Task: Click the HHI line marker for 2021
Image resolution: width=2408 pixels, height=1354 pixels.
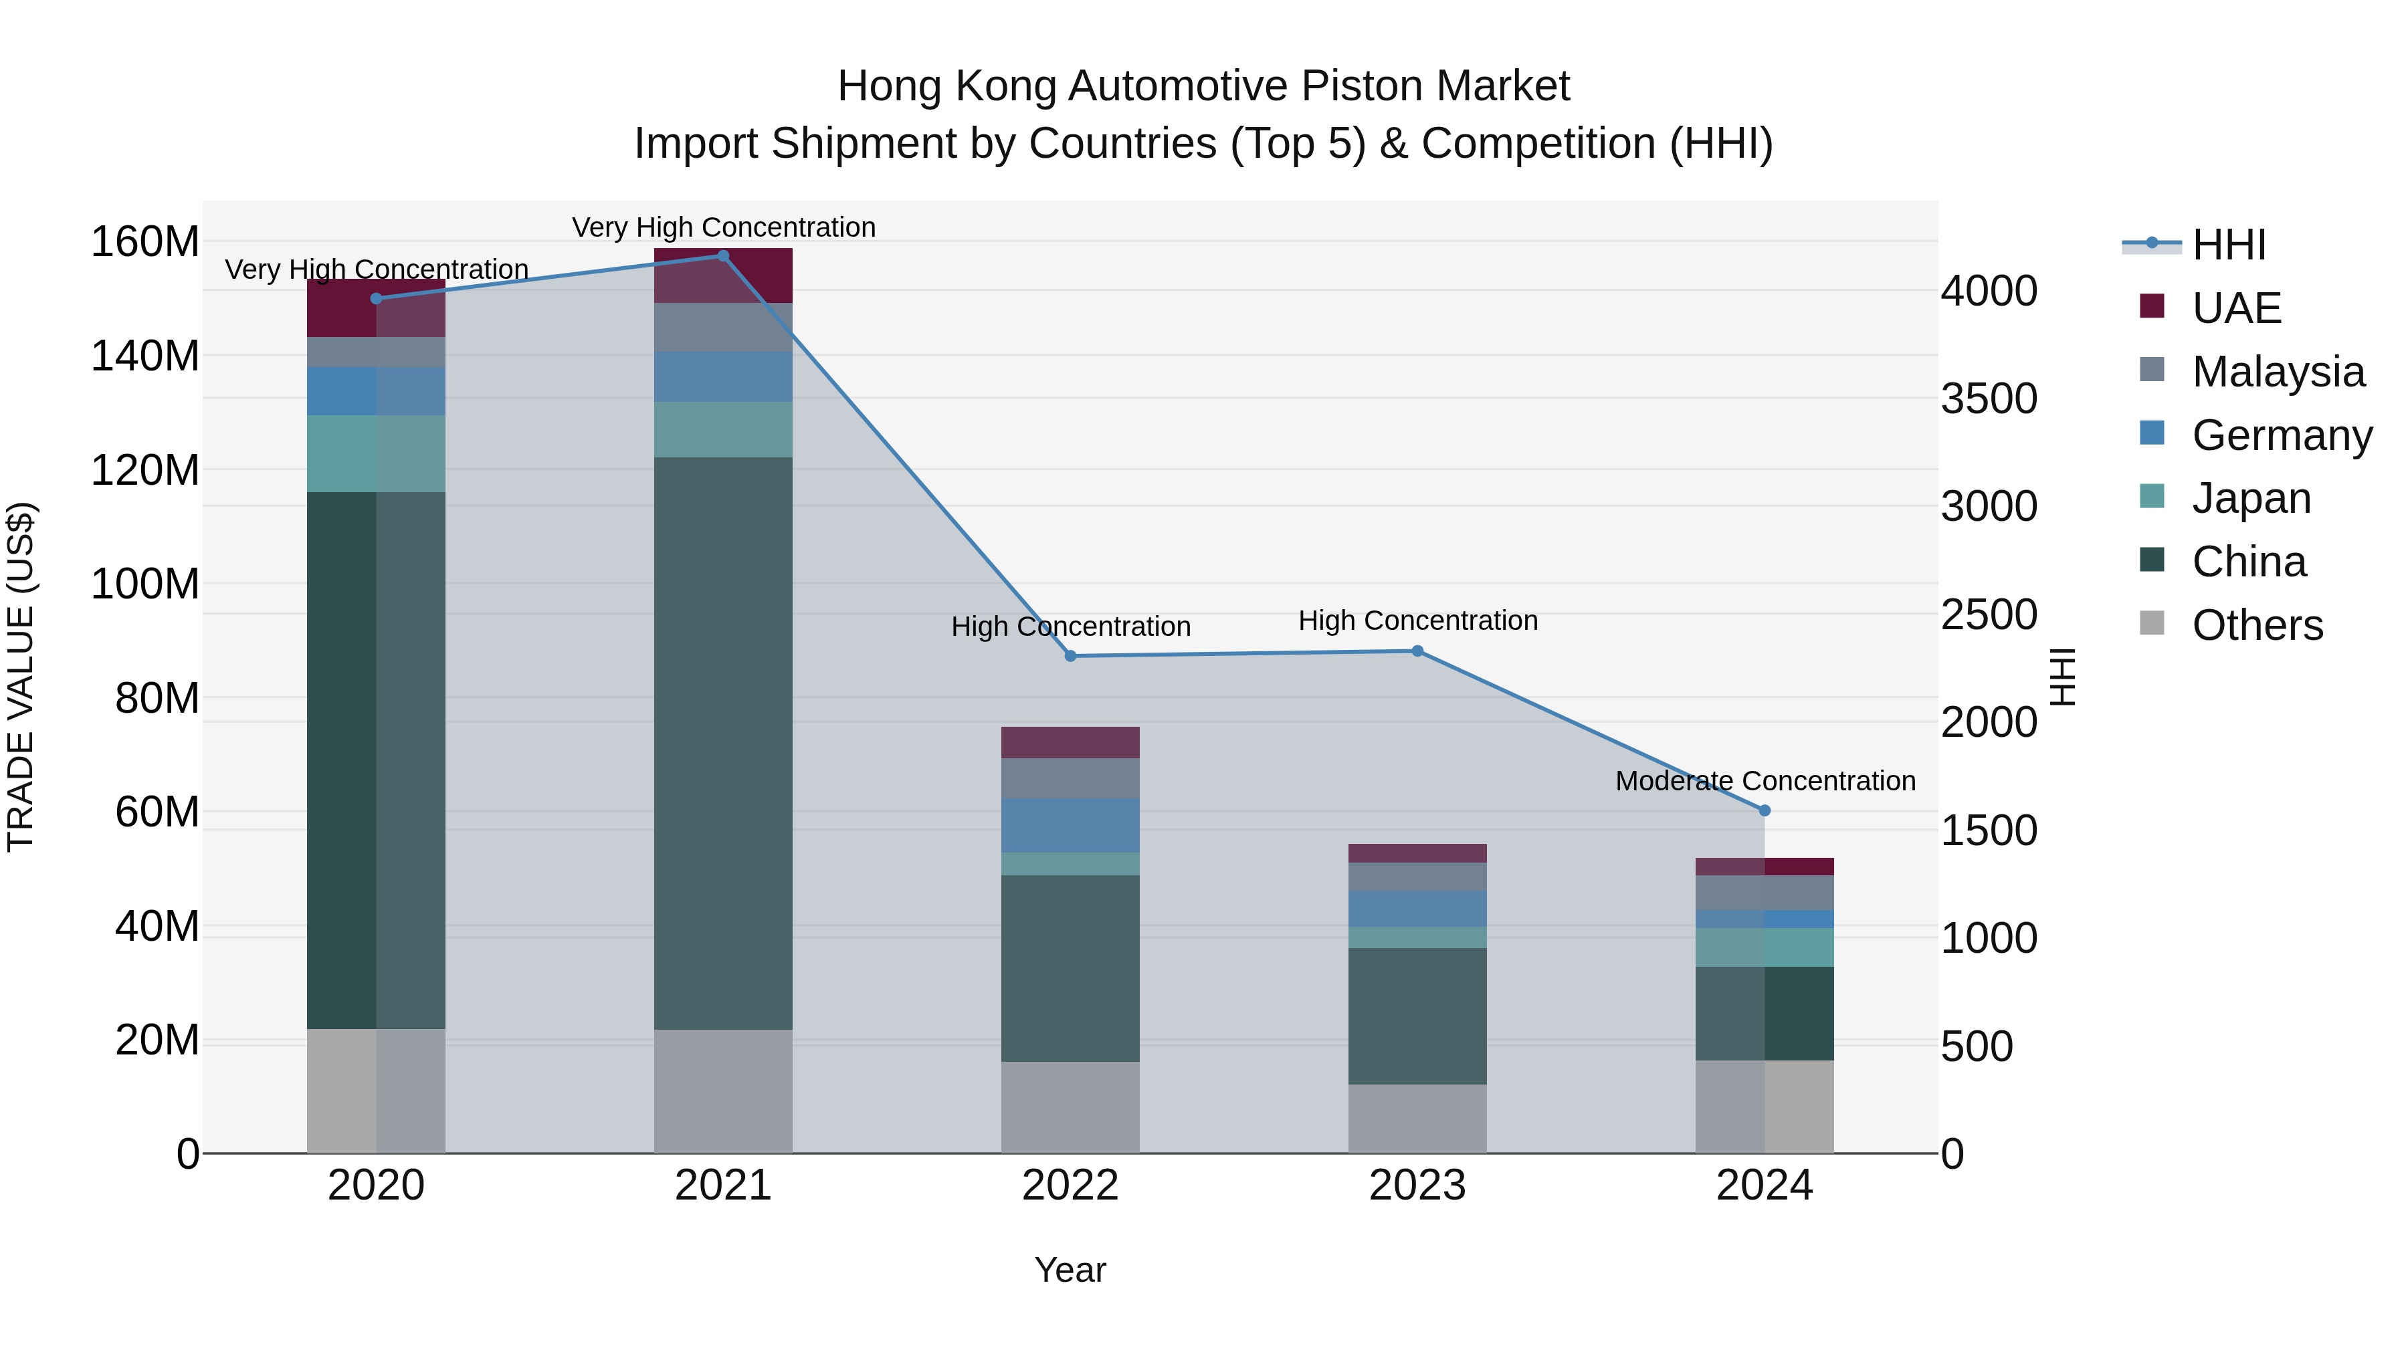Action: pyautogui.click(x=722, y=256)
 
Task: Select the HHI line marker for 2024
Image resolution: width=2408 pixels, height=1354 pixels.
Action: pyautogui.click(x=1764, y=811)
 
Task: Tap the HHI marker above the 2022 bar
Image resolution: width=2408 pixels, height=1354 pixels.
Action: pyautogui.click(x=1070, y=656)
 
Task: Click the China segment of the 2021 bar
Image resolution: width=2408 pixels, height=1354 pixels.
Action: pyautogui.click(x=722, y=743)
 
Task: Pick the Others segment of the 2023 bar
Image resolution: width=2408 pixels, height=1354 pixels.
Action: pyautogui.click(x=1417, y=1119)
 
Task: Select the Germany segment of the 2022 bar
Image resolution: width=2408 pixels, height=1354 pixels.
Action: pyautogui.click(x=1070, y=825)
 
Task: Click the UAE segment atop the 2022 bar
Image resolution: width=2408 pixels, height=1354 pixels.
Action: pyautogui.click(x=1070, y=742)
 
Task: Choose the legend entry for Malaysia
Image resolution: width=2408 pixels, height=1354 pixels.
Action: pyautogui.click(x=2277, y=372)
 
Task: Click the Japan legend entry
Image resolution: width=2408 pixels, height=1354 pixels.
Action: pyautogui.click(x=2250, y=498)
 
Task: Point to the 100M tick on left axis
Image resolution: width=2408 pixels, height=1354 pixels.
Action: pyautogui.click(x=145, y=584)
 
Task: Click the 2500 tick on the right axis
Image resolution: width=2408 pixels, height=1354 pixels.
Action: pyautogui.click(x=1989, y=615)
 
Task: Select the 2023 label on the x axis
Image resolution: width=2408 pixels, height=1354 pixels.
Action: pyautogui.click(x=1417, y=1186)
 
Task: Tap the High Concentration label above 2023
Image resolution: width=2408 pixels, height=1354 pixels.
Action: pyautogui.click(x=1417, y=620)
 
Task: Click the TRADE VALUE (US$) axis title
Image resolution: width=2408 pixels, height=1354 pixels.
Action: pyautogui.click(x=21, y=677)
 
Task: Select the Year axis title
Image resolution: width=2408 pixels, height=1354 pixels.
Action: pyautogui.click(x=1070, y=1270)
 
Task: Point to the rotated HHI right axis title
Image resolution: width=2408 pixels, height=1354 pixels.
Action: pyautogui.click(x=2062, y=677)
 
